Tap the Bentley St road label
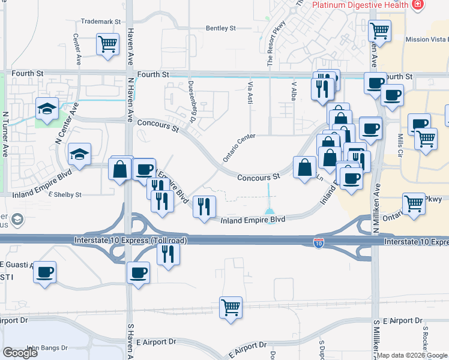point(221,28)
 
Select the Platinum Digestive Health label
point(361,5)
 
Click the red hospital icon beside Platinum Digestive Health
point(418,5)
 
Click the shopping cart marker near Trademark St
point(107,44)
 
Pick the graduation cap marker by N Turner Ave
point(47,109)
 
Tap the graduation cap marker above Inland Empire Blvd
point(79,155)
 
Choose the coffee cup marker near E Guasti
point(45,273)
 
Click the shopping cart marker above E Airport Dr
point(231,308)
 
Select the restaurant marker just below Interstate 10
point(168,254)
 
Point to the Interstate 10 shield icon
point(319,243)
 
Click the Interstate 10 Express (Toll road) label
point(131,241)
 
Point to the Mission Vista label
point(426,40)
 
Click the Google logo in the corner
point(20,353)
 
